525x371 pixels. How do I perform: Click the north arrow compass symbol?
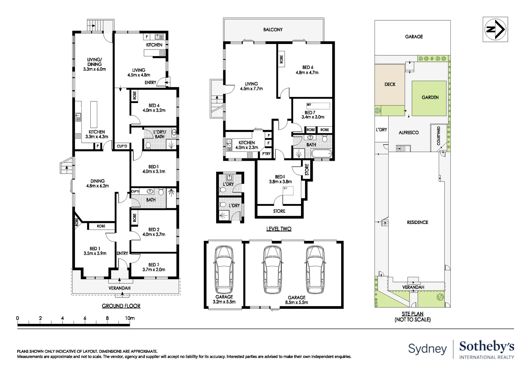[495, 30]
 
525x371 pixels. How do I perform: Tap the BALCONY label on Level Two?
[273, 30]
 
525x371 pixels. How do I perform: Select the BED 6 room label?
[308, 67]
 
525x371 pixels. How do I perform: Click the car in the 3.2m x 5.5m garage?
[224, 270]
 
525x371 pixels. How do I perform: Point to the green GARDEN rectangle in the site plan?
[429, 98]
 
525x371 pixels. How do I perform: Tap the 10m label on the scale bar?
[130, 318]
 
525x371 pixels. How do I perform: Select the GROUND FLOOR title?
[121, 306]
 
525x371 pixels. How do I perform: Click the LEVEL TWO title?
[279, 229]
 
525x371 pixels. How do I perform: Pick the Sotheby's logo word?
[487, 347]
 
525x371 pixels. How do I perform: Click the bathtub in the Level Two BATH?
[321, 154]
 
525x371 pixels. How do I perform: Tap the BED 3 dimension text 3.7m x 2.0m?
[154, 270]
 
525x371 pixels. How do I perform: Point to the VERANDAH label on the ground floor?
[119, 288]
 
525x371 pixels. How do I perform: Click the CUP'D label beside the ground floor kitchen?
[122, 146]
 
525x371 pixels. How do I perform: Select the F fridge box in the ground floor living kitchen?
[147, 36]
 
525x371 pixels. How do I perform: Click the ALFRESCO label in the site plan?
[409, 132]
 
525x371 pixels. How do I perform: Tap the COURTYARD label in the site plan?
[438, 136]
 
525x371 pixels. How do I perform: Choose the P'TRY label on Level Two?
[266, 154]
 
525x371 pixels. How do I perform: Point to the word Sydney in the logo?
[427, 349]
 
